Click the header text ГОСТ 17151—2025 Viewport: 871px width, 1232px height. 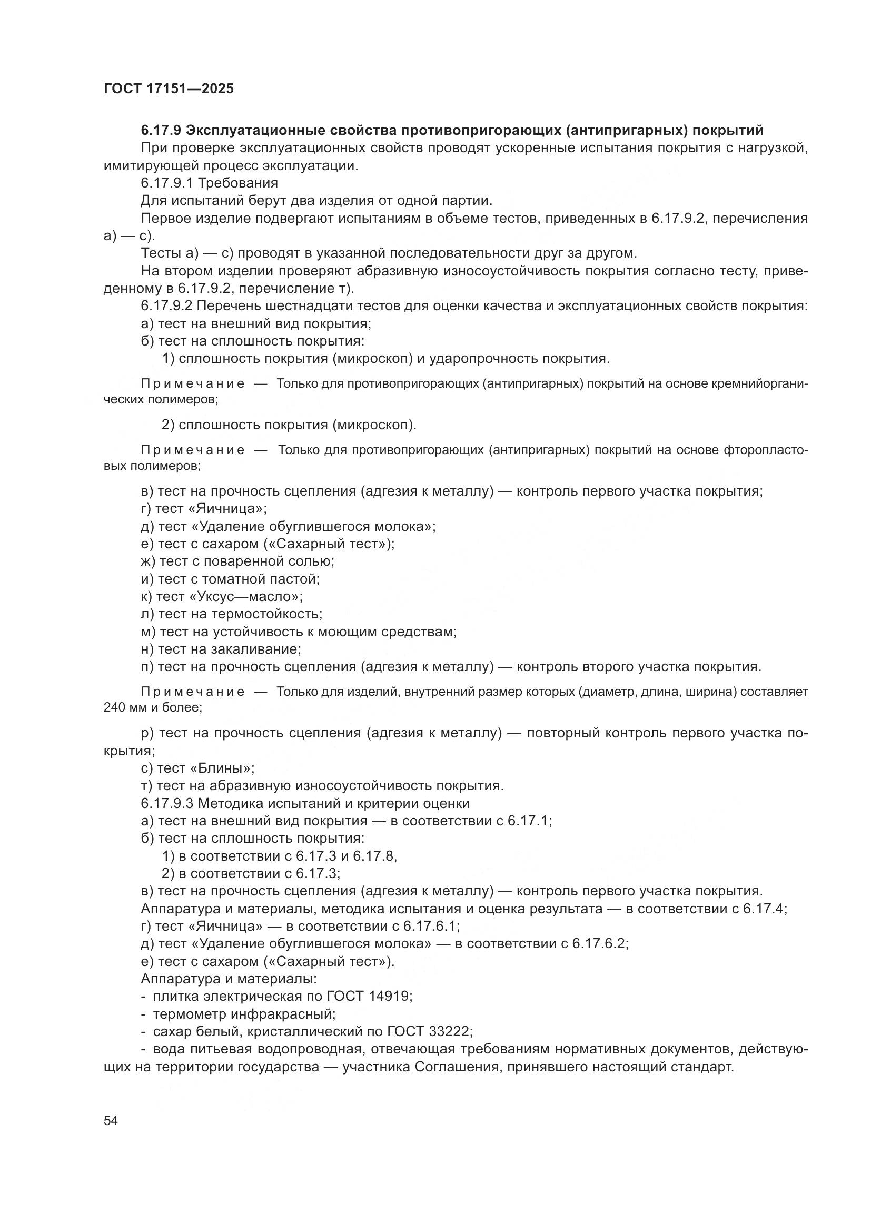pos(169,89)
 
